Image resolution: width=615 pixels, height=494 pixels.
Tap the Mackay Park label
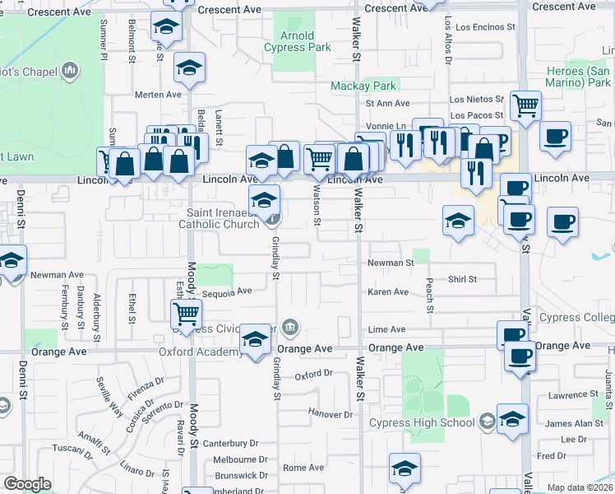pyautogui.click(x=364, y=86)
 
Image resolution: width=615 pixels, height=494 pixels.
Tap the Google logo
pyautogui.click(x=27, y=484)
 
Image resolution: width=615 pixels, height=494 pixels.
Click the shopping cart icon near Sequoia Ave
pyautogui.click(x=187, y=313)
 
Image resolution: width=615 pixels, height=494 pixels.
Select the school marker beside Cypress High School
pyautogui.click(x=512, y=418)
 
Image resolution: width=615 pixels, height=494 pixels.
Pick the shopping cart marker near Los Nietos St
pyautogui.click(x=525, y=105)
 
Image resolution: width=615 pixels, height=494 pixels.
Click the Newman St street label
pyautogui.click(x=390, y=263)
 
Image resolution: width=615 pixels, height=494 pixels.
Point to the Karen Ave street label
pyautogui.click(x=388, y=292)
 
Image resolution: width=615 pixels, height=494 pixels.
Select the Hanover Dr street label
pyautogui.click(x=330, y=412)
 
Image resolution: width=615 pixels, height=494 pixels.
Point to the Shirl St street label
pyautogui.click(x=462, y=280)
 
